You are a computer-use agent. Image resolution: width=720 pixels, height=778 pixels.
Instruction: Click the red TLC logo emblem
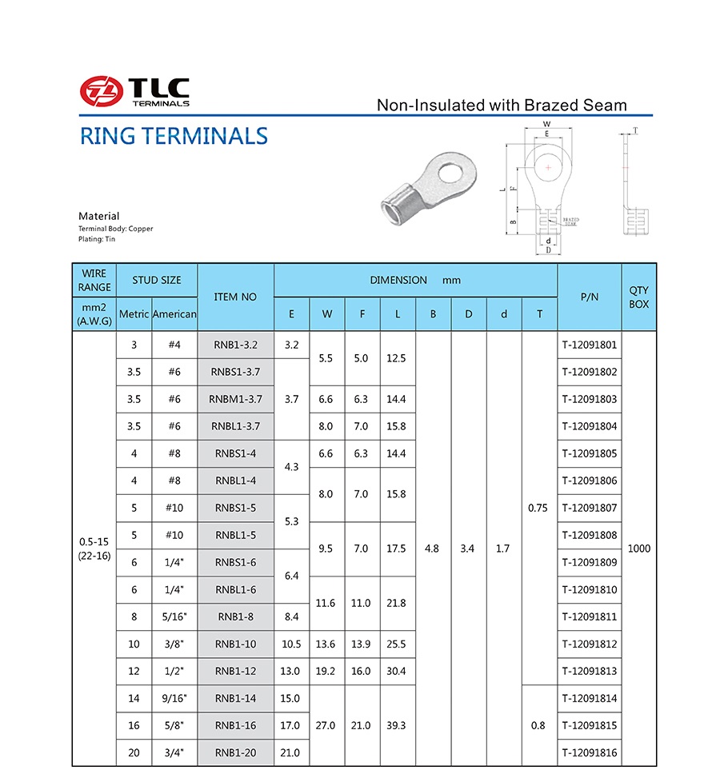(x=99, y=91)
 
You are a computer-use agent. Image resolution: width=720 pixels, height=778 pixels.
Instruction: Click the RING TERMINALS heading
(x=174, y=136)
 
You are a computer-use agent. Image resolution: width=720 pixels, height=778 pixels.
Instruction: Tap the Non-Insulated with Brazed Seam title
(x=502, y=106)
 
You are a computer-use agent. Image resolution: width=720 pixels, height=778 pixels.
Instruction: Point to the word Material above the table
(x=99, y=216)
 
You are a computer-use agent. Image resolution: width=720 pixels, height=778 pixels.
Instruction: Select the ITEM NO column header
(x=235, y=297)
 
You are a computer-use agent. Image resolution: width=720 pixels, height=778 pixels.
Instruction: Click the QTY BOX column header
(x=639, y=297)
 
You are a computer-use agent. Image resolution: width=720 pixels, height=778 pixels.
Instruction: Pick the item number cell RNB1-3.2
(x=235, y=345)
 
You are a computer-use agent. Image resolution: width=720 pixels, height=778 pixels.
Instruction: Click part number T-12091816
(x=589, y=752)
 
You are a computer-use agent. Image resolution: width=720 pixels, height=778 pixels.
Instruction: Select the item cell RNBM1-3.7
(x=235, y=399)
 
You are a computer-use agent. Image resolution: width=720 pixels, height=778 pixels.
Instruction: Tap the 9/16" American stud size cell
(x=174, y=698)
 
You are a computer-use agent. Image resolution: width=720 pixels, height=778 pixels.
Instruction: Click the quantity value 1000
(x=639, y=549)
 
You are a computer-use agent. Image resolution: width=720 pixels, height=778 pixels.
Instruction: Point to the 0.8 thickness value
(x=538, y=725)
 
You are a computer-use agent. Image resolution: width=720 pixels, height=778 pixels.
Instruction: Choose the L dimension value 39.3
(x=397, y=725)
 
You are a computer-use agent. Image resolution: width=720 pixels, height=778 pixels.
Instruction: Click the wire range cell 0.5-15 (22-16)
(x=94, y=549)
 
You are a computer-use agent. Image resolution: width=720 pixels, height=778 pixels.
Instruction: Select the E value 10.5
(x=291, y=644)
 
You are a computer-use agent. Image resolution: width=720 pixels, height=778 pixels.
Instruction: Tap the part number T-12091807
(x=589, y=508)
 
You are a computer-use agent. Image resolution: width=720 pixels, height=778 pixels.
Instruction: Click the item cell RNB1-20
(x=235, y=752)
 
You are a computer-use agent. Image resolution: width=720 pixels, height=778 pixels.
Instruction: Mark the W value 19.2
(x=326, y=671)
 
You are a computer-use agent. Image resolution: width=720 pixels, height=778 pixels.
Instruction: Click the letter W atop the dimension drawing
(x=546, y=125)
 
